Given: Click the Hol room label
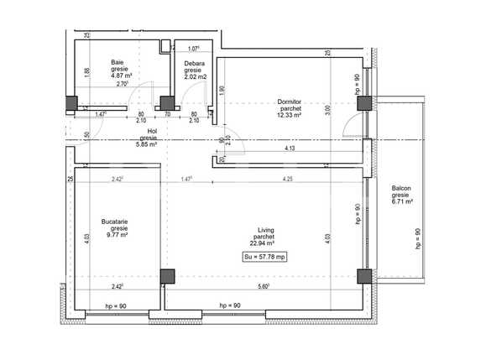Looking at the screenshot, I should click(152, 131).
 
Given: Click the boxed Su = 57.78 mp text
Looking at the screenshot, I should click(264, 258).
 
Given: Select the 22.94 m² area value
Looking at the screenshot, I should click(269, 243).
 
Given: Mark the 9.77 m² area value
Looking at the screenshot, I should click(114, 235).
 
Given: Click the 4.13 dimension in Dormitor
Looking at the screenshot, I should click(290, 149).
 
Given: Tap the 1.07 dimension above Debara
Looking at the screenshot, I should click(194, 49).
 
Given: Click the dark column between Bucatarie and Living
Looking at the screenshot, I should click(167, 277).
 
